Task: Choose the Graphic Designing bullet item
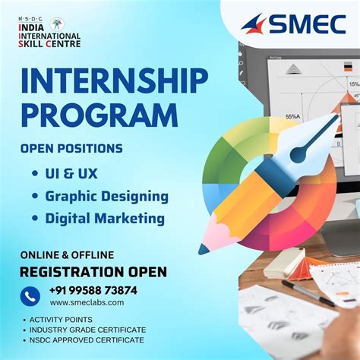pos(106,196)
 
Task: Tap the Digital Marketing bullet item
pos(104,219)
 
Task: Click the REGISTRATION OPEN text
pos(93,272)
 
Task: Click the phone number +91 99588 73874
pos(93,290)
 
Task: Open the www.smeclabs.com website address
pos(87,302)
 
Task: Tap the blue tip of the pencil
pos(204,248)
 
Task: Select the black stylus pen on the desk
pos(308,292)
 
